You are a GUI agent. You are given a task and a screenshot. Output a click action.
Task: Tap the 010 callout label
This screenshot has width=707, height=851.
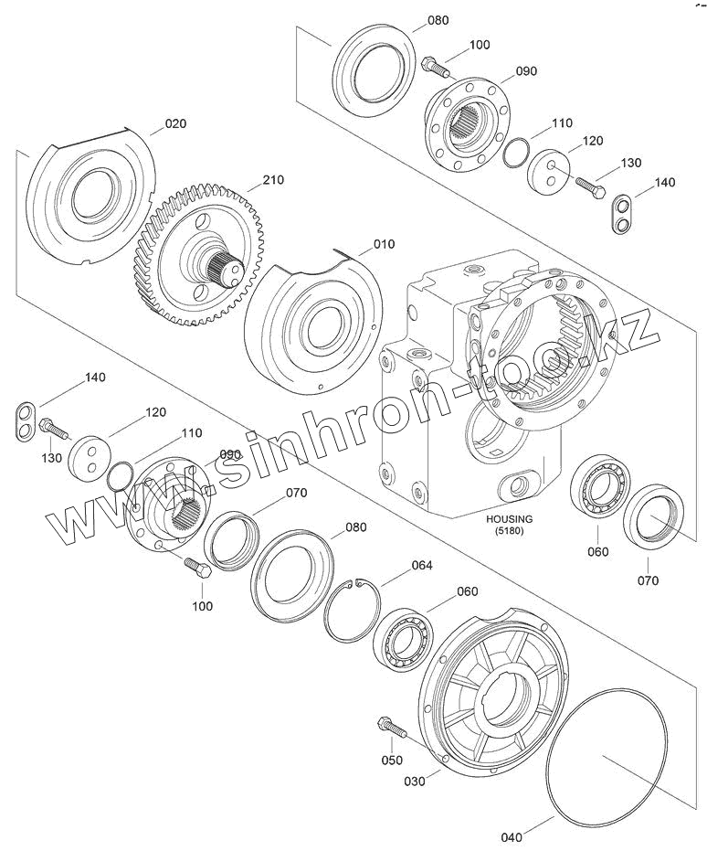pyautogui.click(x=384, y=244)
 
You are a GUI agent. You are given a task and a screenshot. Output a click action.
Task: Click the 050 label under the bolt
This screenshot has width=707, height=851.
pyautogui.click(x=392, y=761)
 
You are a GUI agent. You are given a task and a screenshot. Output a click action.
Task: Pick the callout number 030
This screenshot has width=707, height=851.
pyautogui.click(x=415, y=781)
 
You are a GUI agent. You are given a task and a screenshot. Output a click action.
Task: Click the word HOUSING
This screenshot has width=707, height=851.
pyautogui.click(x=509, y=519)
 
